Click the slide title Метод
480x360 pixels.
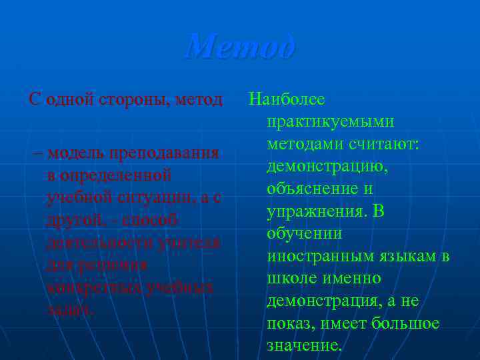240,47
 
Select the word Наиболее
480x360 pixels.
287,100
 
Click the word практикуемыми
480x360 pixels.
330,122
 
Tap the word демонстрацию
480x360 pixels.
327,167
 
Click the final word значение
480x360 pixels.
304,345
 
